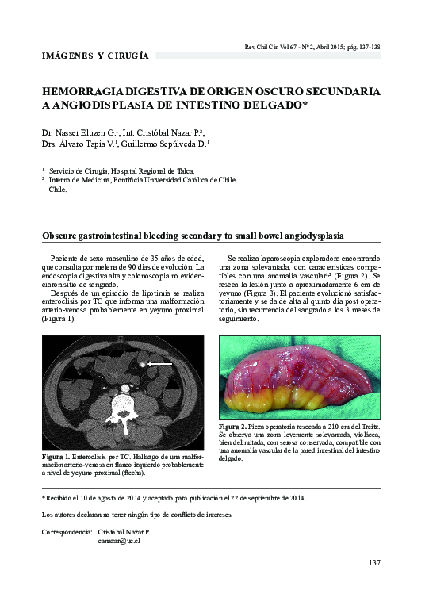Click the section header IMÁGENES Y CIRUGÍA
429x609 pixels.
pyautogui.click(x=94, y=56)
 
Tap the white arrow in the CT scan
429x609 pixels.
pyautogui.click(x=161, y=363)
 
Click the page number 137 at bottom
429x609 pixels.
pyautogui.click(x=374, y=563)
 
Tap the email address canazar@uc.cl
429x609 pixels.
pyautogui.click(x=118, y=541)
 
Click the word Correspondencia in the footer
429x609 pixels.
pyautogui.click(x=67, y=531)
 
